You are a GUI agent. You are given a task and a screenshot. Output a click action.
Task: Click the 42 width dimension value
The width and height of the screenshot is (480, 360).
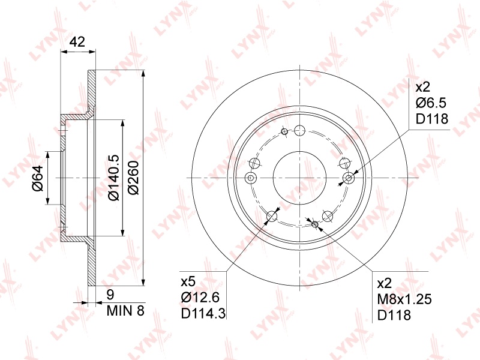(x=77, y=41)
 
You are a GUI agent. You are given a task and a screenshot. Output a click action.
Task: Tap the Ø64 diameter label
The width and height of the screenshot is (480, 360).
(x=38, y=178)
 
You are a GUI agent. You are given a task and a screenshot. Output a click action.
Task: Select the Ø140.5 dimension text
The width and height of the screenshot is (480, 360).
(x=114, y=177)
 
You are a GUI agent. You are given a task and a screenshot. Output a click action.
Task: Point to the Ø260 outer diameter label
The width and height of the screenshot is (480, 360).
(x=133, y=177)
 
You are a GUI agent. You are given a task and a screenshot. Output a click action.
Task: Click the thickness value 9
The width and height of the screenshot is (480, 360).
(x=110, y=295)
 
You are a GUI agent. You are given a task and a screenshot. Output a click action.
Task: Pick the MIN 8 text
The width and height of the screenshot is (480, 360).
(x=125, y=311)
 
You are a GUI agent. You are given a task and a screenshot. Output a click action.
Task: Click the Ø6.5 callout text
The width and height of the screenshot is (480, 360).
(x=431, y=103)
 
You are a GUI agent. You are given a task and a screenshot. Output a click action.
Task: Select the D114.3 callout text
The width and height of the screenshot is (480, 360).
(x=203, y=313)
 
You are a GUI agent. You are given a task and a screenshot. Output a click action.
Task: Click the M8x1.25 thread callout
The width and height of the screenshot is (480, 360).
(x=404, y=299)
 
